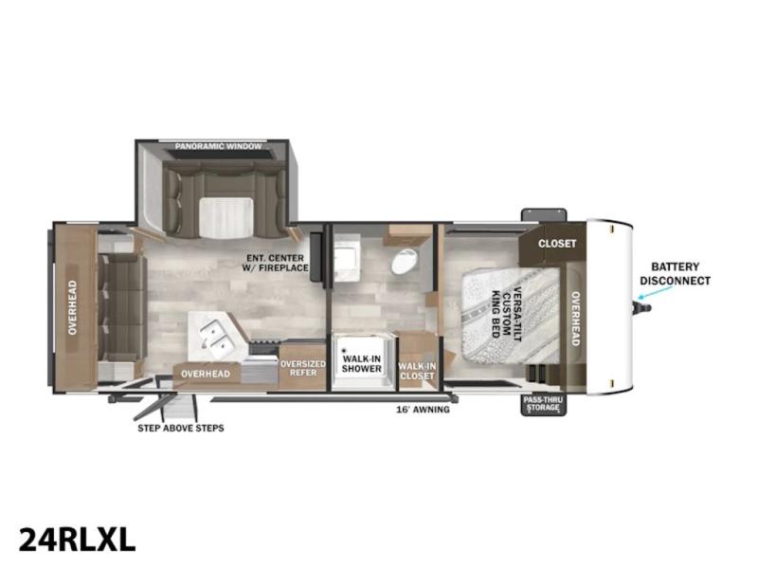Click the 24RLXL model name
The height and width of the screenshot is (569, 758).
(x=77, y=539)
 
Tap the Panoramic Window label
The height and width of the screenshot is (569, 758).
(x=219, y=146)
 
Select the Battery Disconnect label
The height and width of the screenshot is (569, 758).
(x=675, y=273)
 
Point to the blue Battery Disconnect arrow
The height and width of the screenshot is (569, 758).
(x=655, y=292)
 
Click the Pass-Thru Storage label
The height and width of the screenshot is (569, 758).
(x=543, y=405)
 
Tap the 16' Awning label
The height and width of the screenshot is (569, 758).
(x=423, y=410)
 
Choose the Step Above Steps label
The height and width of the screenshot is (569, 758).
(x=181, y=429)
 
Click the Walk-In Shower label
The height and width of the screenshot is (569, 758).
(x=362, y=364)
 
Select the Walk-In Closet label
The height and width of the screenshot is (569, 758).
(x=417, y=371)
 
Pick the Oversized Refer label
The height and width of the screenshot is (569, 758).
(x=303, y=368)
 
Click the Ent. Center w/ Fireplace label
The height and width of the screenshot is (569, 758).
(x=277, y=263)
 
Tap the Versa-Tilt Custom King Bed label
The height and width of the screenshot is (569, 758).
(x=506, y=314)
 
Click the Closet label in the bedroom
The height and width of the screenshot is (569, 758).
(x=557, y=244)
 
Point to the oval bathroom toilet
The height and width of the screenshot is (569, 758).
(x=405, y=262)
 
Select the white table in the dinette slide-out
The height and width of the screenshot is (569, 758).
(x=226, y=218)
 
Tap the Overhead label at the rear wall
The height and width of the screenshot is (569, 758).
(x=73, y=307)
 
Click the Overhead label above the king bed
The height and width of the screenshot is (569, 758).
(x=575, y=319)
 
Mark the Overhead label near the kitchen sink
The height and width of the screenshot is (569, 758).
(x=206, y=374)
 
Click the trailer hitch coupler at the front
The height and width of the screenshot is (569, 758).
(x=642, y=307)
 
